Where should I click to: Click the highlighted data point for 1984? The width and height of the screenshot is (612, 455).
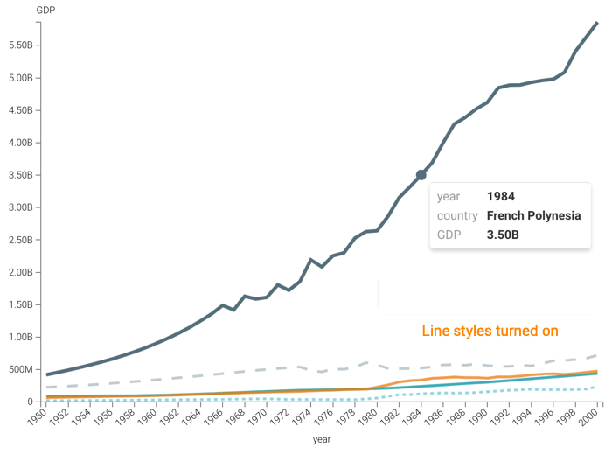(421, 175)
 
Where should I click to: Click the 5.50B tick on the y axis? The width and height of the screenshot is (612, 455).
(21, 45)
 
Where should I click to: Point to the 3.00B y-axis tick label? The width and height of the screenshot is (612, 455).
(21, 207)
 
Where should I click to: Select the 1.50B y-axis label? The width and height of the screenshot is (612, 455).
(21, 304)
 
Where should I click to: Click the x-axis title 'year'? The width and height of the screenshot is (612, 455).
(322, 439)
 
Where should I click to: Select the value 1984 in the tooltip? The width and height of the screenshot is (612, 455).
(501, 197)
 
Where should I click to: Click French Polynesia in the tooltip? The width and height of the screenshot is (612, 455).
(533, 216)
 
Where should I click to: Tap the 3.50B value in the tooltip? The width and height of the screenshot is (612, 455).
(503, 235)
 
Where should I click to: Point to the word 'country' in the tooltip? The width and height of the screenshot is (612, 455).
(457, 216)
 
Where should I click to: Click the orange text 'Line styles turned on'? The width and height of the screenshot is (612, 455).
(490, 332)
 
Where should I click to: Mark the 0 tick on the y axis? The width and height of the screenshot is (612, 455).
(30, 402)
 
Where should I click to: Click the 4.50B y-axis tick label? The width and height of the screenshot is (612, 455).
(21, 110)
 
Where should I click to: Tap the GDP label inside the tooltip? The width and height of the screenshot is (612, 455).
(449, 235)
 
